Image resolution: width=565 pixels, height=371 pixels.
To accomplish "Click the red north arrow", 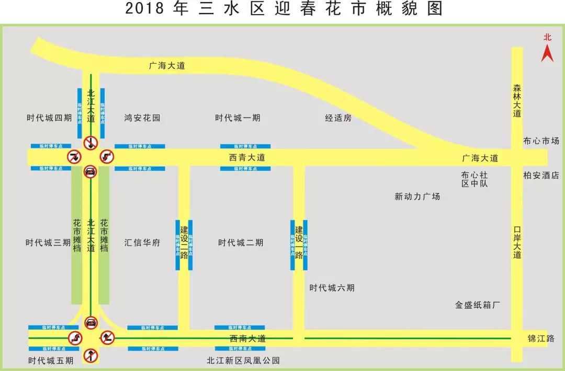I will click(547, 52).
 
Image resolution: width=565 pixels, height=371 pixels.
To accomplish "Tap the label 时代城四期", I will click(49, 118).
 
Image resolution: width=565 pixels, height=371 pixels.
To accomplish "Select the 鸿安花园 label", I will click(142, 118).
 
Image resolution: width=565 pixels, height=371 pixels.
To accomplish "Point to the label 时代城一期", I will click(238, 118).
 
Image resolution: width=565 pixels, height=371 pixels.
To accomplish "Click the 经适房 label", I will click(338, 118).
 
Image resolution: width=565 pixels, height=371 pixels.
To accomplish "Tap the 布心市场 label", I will click(541, 141).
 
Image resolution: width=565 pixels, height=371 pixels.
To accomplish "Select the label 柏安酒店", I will click(541, 176).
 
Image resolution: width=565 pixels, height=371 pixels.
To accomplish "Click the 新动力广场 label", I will click(417, 196).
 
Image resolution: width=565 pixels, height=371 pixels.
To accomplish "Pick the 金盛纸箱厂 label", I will click(478, 305).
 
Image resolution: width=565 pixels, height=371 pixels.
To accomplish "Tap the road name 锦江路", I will click(541, 339).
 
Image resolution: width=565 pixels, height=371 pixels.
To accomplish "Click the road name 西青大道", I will click(246, 157).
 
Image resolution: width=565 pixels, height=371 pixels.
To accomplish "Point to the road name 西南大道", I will click(247, 339).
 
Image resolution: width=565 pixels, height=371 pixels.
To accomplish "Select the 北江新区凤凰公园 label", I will click(243, 361).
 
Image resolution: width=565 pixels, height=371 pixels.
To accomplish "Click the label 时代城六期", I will click(332, 288).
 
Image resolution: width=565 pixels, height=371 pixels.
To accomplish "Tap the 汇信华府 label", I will click(142, 243).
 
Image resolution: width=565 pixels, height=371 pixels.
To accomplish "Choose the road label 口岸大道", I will click(517, 242).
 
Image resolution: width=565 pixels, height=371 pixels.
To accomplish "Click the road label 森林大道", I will click(517, 100).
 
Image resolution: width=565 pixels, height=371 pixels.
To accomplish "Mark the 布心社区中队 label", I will click(474, 179).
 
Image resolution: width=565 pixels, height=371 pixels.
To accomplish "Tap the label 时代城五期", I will click(51, 361).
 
